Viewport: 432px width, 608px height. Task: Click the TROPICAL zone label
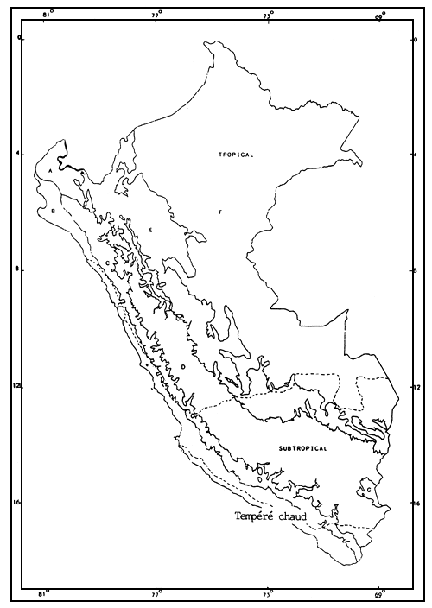coord(234,154)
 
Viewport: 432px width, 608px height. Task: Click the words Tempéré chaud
coord(271,516)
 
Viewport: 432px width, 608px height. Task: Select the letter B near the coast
coord(54,211)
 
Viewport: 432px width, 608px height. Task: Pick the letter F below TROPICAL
coord(220,211)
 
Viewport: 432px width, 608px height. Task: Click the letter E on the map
coord(150,230)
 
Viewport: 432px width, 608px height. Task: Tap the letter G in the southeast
coord(369,491)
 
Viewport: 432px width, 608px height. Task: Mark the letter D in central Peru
coord(184,367)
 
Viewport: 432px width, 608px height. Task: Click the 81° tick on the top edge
coord(47,15)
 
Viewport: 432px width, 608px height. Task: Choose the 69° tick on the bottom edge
coord(379,594)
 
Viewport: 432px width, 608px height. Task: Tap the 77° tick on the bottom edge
coord(157,594)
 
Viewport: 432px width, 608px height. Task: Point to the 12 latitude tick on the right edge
coord(418,386)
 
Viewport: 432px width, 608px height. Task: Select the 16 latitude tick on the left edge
coord(19,502)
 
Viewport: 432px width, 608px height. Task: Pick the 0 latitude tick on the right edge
coord(418,39)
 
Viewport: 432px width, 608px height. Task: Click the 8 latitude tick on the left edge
coord(19,270)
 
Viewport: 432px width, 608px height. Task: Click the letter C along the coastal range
coord(107,263)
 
